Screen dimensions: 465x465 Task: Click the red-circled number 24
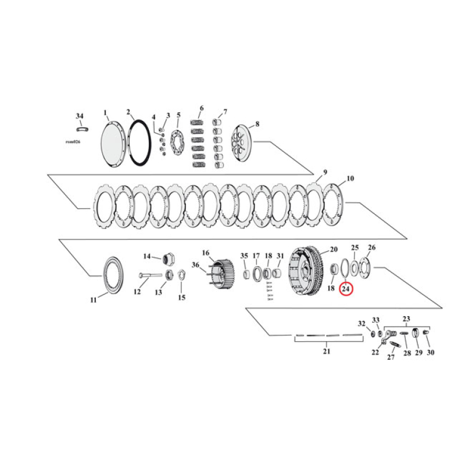(346, 288)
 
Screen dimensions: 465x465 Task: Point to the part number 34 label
(80, 116)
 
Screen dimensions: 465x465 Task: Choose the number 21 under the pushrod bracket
(326, 351)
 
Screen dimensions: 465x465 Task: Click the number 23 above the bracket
(406, 319)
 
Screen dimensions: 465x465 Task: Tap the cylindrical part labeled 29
(416, 334)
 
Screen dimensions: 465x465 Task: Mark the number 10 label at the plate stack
(350, 178)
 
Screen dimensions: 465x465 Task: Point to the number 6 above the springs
(201, 108)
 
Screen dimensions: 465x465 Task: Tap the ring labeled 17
(256, 272)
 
